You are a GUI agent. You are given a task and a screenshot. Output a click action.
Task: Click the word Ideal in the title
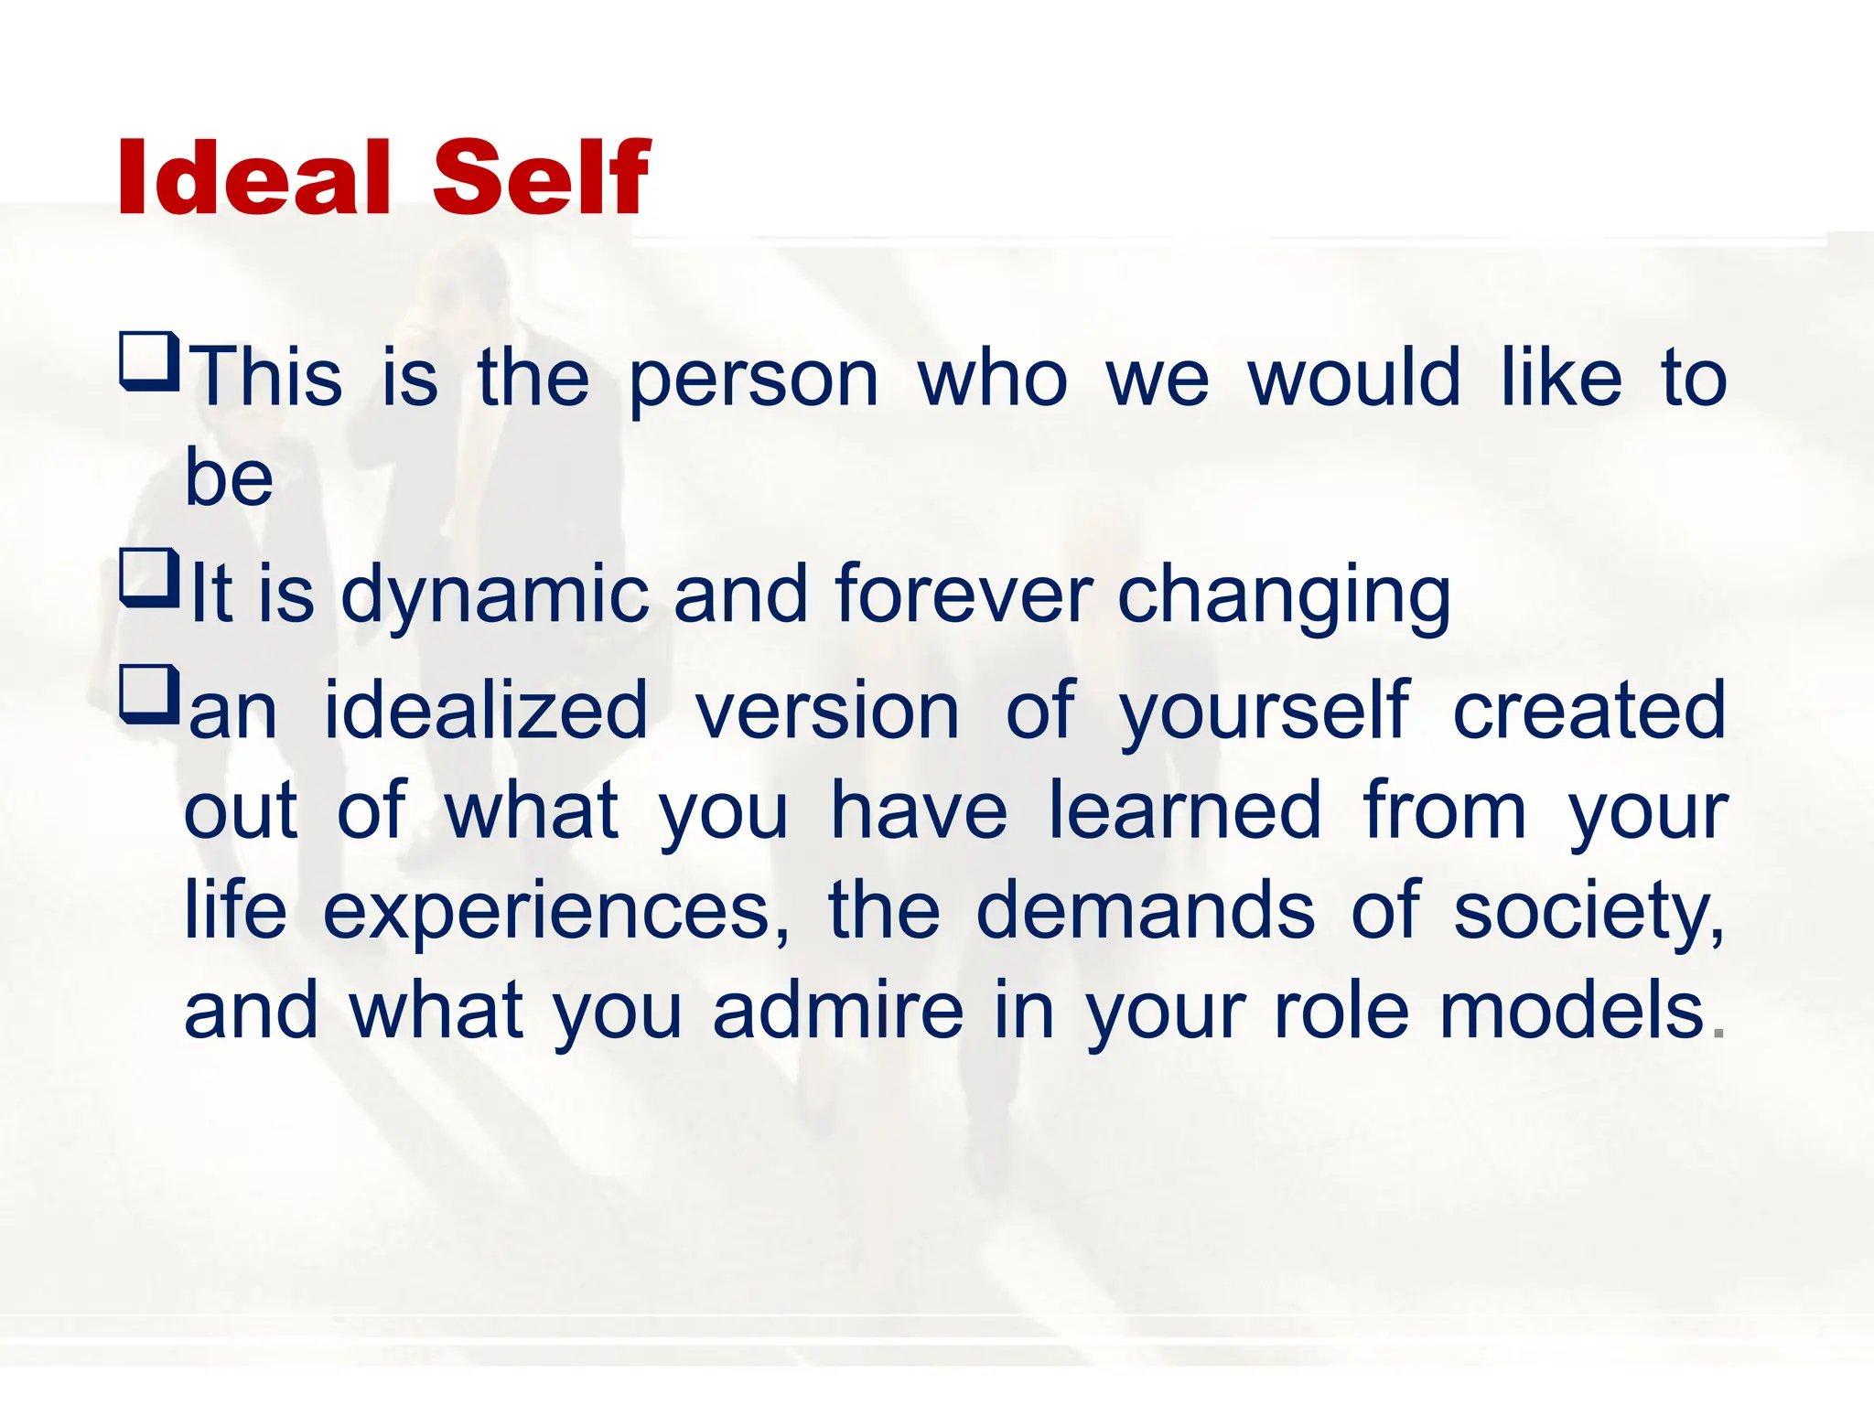pyautogui.click(x=255, y=177)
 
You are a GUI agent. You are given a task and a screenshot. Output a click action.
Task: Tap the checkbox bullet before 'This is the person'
pyautogui.click(x=149, y=362)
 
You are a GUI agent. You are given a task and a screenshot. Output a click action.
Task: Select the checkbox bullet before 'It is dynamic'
pyautogui.click(x=149, y=578)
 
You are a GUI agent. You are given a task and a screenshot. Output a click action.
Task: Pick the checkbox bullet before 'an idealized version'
pyautogui.click(x=149, y=696)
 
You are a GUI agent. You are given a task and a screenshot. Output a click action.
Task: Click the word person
pyautogui.click(x=754, y=379)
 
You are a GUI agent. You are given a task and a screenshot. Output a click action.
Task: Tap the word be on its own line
pyautogui.click(x=229, y=477)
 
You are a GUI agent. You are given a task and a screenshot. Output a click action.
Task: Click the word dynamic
pyautogui.click(x=494, y=596)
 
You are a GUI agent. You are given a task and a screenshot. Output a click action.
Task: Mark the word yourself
pyautogui.click(x=1264, y=712)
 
